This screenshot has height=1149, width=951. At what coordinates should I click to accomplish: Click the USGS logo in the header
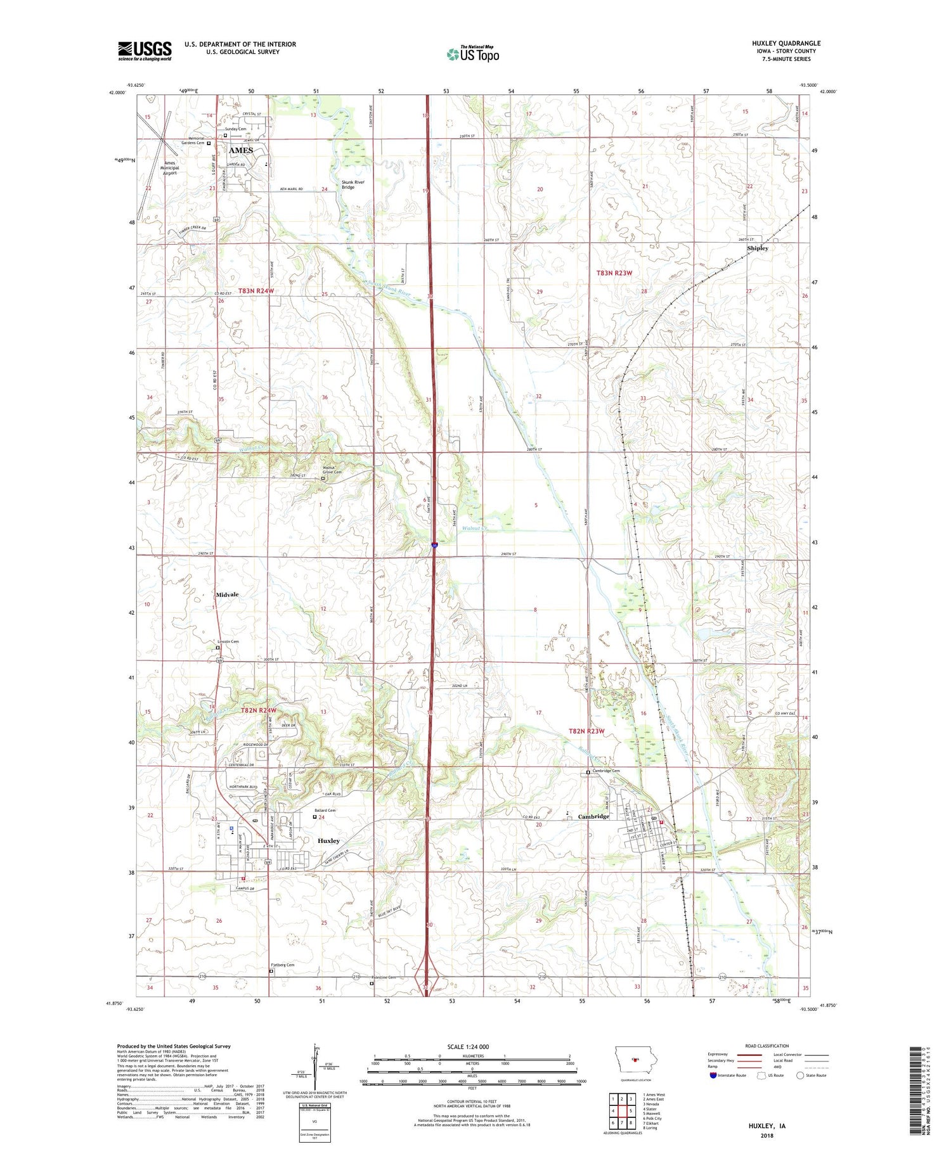point(145,51)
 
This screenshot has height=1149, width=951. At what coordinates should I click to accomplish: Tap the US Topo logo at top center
point(472,54)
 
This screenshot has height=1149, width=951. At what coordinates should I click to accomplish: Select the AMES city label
point(241,150)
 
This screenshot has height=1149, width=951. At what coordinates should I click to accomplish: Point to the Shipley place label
point(757,248)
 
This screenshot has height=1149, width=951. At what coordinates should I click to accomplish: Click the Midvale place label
point(227,594)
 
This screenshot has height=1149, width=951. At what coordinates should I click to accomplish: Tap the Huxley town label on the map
point(328,841)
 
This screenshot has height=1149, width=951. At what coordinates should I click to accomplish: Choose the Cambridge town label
point(593,816)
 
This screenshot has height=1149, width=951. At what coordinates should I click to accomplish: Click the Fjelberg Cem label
point(282,965)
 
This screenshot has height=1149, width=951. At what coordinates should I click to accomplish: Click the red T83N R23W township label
point(614,273)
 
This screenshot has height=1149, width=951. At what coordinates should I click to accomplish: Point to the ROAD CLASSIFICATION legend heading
point(767,1046)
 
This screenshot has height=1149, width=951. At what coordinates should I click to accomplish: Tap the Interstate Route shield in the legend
point(713,1075)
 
